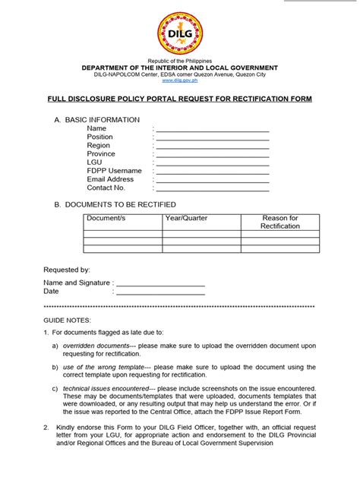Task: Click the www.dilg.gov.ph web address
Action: pyautogui.click(x=179, y=80)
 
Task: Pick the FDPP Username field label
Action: pyautogui.click(x=114, y=171)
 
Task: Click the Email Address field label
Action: pyautogui.click(x=110, y=179)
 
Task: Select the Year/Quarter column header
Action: pyautogui.click(x=186, y=219)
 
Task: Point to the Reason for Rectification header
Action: pyautogui.click(x=280, y=223)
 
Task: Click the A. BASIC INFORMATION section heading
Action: pyautogui.click(x=96, y=120)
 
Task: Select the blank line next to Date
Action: pyautogui.click(x=160, y=292)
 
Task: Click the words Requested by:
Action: pyautogui.click(x=67, y=270)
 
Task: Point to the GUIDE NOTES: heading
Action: pyautogui.click(x=68, y=321)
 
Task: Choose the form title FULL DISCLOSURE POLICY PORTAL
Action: pyautogui.click(x=180, y=99)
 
